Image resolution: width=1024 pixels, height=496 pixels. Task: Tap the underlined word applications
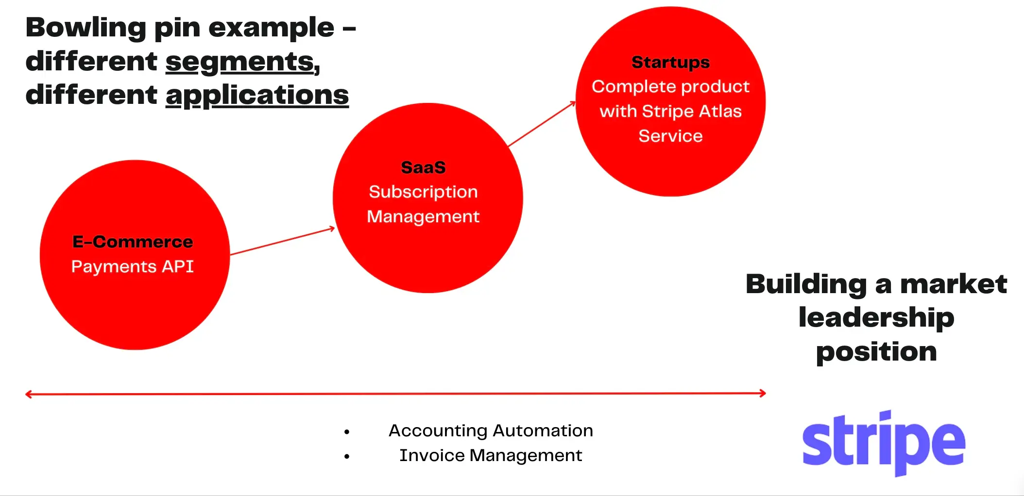(257, 95)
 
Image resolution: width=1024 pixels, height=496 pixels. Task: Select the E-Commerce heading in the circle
(133, 242)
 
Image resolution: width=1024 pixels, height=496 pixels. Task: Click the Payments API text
(133, 266)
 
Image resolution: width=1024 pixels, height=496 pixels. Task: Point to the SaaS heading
(423, 167)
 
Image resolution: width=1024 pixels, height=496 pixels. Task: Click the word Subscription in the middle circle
(423, 192)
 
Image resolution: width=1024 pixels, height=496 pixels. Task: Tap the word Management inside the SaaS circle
(423, 216)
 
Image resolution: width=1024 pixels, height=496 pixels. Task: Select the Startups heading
(670, 62)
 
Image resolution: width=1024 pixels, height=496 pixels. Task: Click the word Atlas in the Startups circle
(720, 111)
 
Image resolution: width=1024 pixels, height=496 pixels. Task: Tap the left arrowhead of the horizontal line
(28, 394)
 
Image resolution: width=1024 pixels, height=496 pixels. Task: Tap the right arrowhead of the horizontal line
(763, 393)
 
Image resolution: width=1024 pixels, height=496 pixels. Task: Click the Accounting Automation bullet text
(491, 430)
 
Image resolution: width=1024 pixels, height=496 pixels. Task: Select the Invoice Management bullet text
(491, 455)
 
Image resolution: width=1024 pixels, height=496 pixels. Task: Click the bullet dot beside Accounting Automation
(346, 431)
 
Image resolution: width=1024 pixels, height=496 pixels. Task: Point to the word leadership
(876, 317)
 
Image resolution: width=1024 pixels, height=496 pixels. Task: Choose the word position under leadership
(876, 351)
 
